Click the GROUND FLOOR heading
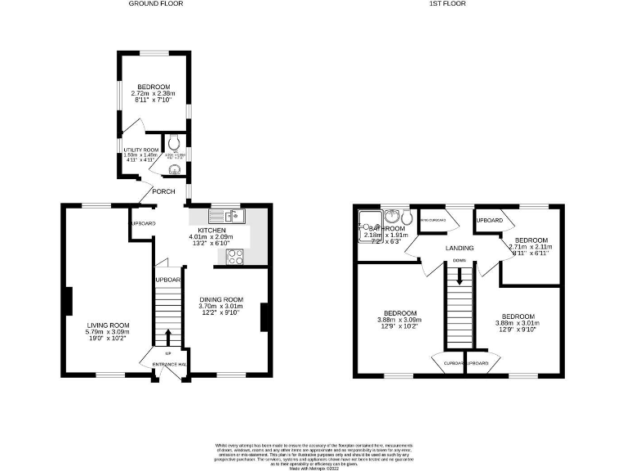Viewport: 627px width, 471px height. (156, 4)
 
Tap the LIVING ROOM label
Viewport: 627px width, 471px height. (109, 325)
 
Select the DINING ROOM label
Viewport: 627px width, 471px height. (222, 300)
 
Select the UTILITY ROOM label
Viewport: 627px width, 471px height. (140, 150)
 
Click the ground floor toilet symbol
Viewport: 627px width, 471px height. (173, 169)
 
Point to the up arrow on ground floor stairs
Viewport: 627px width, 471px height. (169, 337)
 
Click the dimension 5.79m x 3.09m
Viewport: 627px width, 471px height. (109, 333)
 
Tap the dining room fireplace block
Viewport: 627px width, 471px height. (264, 317)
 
